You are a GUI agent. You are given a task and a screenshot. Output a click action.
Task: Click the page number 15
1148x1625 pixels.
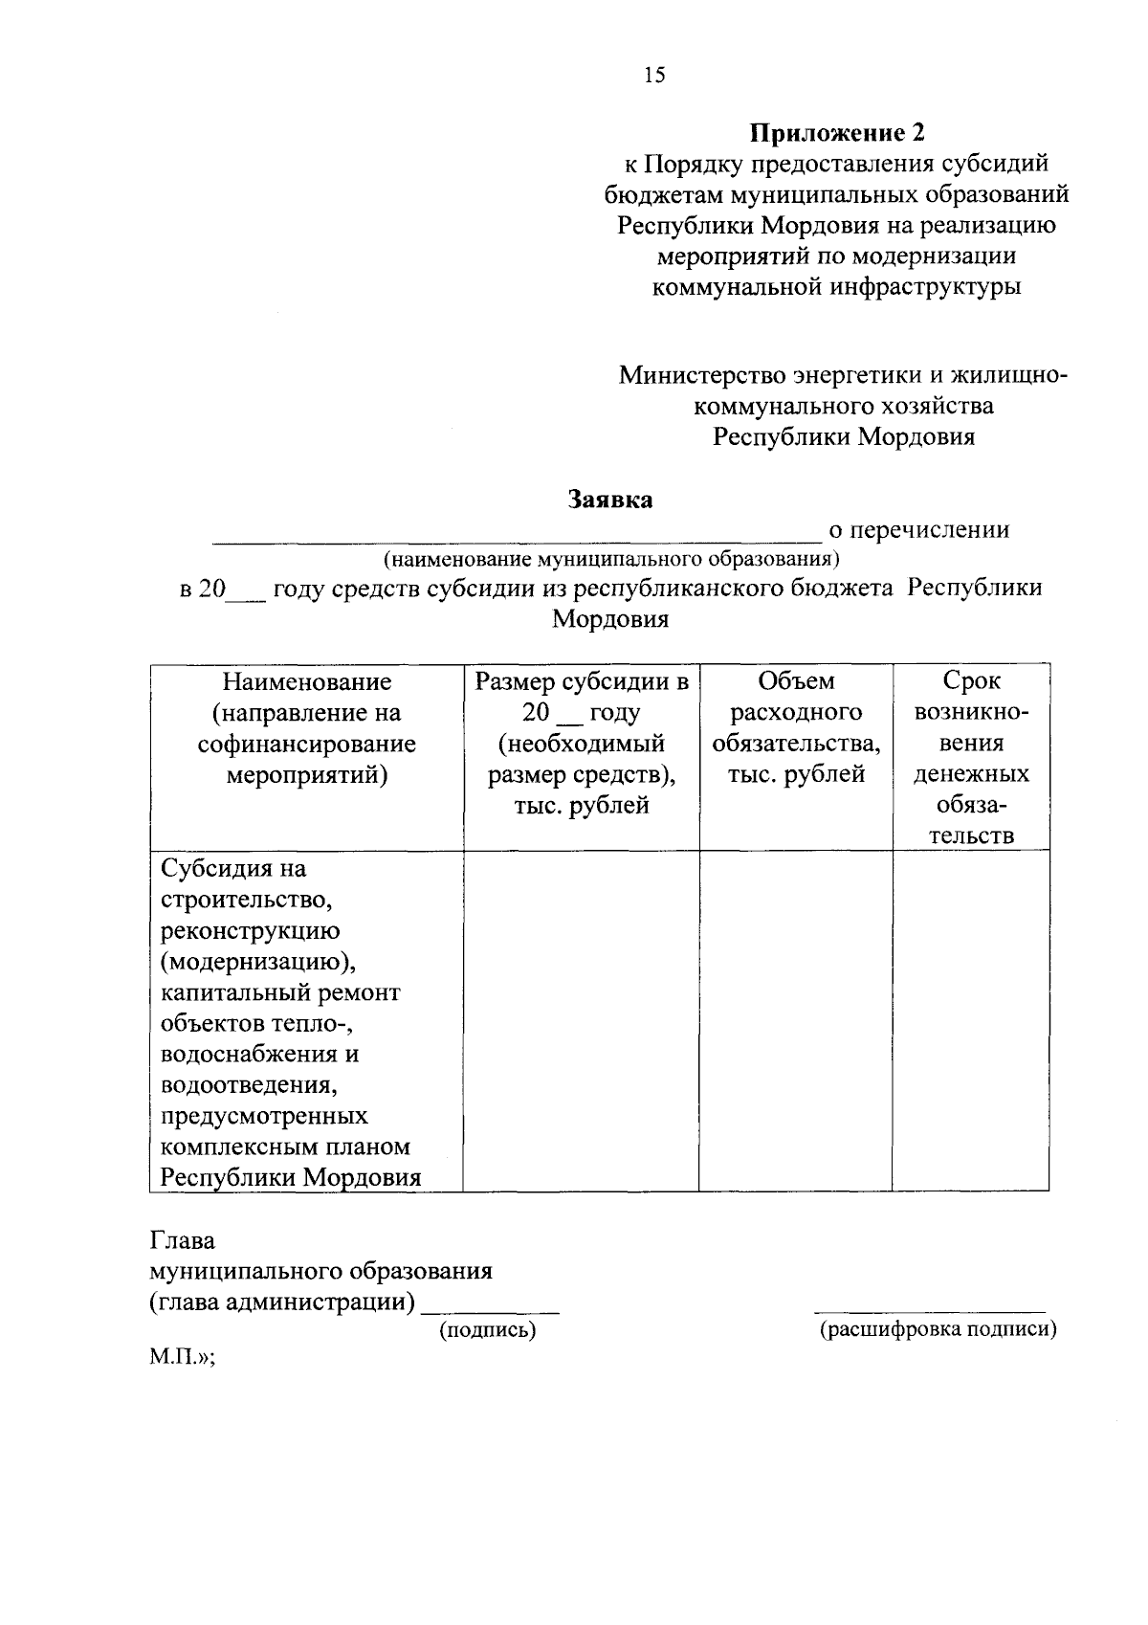(654, 76)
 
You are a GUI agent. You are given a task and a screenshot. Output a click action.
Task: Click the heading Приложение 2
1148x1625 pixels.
(837, 132)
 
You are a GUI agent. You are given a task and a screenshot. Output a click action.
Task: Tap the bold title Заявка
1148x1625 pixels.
(610, 499)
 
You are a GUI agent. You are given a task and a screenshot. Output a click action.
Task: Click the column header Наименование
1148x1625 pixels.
(307, 681)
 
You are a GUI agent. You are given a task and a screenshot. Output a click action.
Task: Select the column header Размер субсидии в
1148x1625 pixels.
(582, 681)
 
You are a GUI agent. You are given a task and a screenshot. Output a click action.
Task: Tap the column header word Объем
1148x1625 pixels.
(796, 681)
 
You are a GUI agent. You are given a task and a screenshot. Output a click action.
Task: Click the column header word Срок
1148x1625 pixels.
(971, 681)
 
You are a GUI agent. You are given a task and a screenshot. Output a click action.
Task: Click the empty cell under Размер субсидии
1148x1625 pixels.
(581, 1019)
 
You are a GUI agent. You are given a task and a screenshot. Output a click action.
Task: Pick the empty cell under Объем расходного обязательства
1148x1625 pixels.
(796, 1019)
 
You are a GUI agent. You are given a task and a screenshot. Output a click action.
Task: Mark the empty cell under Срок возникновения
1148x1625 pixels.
(971, 1019)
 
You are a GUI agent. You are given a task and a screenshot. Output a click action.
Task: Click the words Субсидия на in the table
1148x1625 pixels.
(233, 869)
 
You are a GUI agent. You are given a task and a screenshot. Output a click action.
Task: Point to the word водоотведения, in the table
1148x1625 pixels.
(248, 1085)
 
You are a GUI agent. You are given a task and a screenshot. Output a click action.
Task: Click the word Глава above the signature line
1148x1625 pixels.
(183, 1240)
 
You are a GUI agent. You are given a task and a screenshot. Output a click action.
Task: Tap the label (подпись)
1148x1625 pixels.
(487, 1329)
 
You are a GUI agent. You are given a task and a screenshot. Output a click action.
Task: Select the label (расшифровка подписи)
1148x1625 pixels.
(938, 1329)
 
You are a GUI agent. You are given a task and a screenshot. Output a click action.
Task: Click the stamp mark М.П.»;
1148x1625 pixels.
(182, 1359)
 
